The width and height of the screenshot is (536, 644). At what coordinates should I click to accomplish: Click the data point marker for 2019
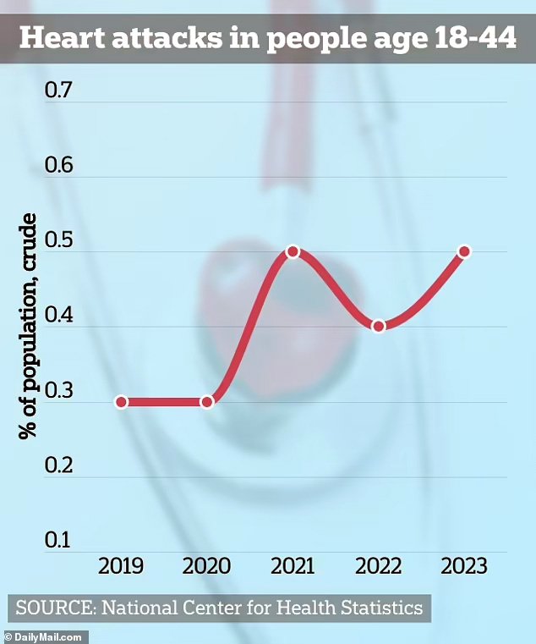click(x=122, y=402)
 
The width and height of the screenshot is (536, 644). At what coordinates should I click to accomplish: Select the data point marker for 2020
click(x=207, y=402)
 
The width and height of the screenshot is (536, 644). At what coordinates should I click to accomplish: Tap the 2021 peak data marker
click(x=293, y=251)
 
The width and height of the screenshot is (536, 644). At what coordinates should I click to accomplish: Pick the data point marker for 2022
click(x=379, y=326)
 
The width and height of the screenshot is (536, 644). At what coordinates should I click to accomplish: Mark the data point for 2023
click(x=464, y=251)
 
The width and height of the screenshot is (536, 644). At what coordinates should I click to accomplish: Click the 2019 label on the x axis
click(x=122, y=566)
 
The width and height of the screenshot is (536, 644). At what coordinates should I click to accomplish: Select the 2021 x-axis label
click(x=293, y=566)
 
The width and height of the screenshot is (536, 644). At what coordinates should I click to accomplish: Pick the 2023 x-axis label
click(x=464, y=566)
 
